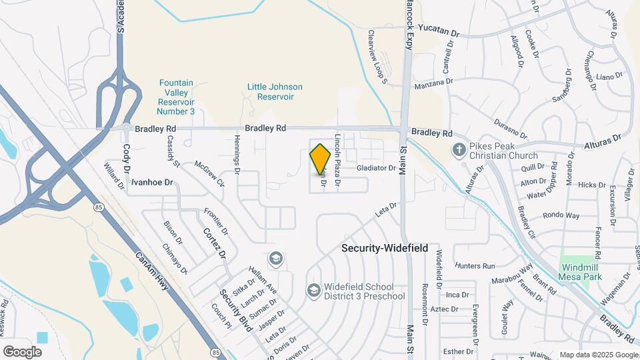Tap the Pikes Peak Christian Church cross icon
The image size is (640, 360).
click(459, 149)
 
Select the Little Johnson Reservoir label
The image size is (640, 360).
click(275, 92)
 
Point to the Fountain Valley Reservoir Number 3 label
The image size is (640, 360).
click(177, 97)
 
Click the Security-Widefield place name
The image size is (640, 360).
click(385, 247)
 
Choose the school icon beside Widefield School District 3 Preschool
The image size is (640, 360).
click(313, 290)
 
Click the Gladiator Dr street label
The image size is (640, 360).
click(376, 168)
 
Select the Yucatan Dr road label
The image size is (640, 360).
click(439, 32)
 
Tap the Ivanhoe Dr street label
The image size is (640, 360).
click(151, 182)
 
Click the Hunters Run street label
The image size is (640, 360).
click(476, 265)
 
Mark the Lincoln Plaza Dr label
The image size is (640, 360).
click(338, 159)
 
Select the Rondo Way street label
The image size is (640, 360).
click(561, 215)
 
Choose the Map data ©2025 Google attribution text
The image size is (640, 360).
click(599, 355)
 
